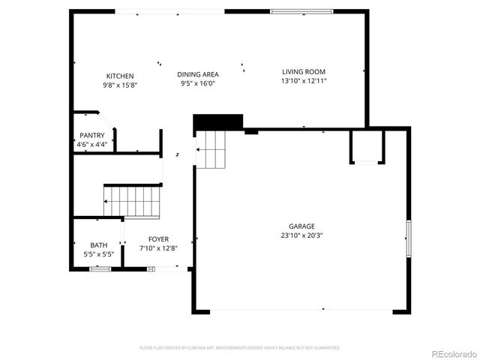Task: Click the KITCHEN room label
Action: coord(120,76)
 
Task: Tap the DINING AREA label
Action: coord(198,74)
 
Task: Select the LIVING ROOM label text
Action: coord(304,72)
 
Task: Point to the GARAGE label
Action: coord(302,226)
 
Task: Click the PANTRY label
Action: coord(92,135)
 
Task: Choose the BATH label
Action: coord(98,245)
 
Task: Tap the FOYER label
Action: coord(158,239)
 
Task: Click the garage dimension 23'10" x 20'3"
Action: coord(302,235)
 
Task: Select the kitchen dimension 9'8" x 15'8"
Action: coord(120,85)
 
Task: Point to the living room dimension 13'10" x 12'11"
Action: coord(304,81)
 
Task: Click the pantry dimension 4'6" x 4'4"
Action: coord(92,144)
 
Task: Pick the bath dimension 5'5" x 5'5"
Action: coord(98,254)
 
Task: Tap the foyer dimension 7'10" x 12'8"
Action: coord(158,248)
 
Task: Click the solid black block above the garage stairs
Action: coord(218,122)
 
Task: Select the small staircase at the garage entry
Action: coord(211,149)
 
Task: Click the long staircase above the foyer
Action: coord(132,202)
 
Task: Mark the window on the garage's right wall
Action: coord(409,238)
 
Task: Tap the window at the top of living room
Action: coord(301,11)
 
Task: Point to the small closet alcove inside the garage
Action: coord(367,146)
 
